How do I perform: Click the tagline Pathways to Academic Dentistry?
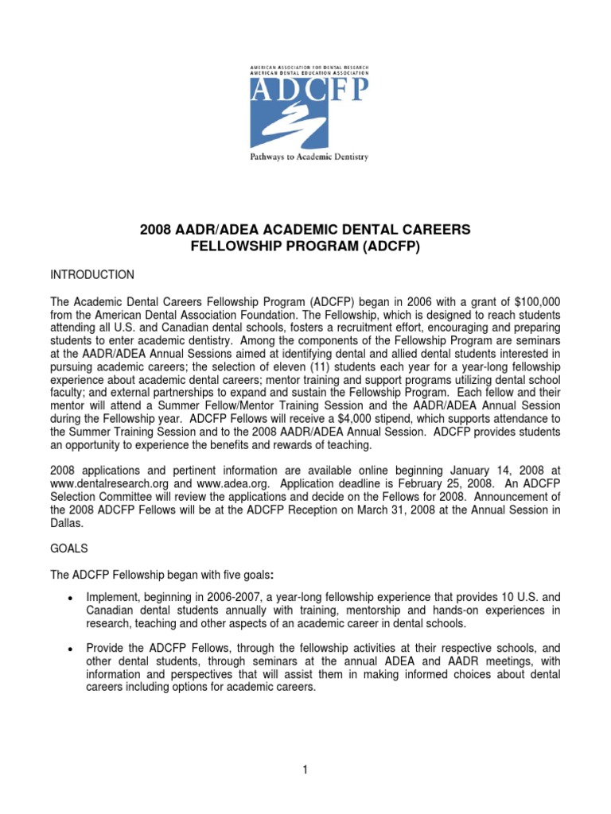coord(309,157)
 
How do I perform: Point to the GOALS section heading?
coord(70,548)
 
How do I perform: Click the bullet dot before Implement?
coord(72,598)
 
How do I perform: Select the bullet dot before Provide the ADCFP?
coord(72,649)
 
